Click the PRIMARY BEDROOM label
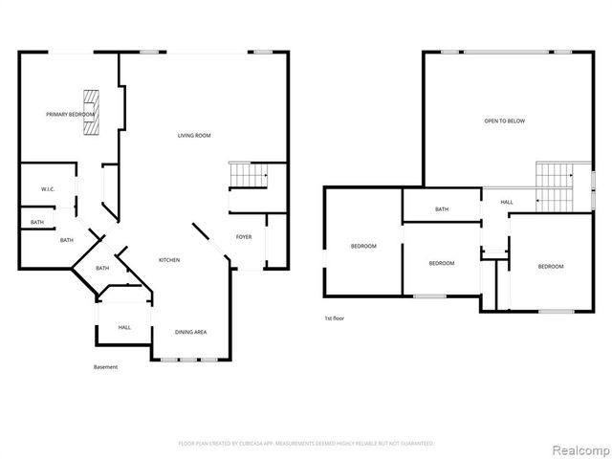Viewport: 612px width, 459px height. (70, 115)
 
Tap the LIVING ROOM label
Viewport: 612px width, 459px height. (194, 136)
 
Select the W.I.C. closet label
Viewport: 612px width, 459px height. (48, 189)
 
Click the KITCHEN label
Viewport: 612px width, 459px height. (168, 260)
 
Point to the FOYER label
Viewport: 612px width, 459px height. (244, 236)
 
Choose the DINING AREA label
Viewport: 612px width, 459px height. (190, 332)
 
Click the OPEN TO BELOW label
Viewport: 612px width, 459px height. (504, 121)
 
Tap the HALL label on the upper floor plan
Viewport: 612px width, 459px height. (506, 202)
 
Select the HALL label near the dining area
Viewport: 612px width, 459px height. (124, 327)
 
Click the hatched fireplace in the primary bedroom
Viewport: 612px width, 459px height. (91, 113)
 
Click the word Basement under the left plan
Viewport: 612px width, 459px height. (105, 367)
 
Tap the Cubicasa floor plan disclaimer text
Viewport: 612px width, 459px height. (306, 444)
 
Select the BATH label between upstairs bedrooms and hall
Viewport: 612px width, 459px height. (442, 209)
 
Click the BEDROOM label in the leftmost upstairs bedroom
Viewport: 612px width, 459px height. (363, 246)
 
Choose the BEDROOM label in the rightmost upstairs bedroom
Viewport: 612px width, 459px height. (550, 266)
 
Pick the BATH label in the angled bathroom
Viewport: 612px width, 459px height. (102, 268)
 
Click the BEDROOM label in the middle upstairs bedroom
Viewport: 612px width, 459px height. (441, 263)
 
